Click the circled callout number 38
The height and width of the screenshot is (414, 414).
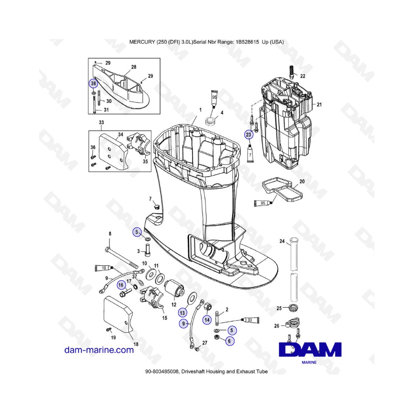(x=93, y=83)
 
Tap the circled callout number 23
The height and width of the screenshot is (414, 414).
(x=249, y=135)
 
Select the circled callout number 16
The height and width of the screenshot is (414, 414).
(x=121, y=285)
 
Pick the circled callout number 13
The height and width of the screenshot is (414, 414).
(x=182, y=313)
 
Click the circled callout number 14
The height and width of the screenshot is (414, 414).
(x=207, y=320)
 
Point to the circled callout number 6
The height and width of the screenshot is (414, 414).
(x=229, y=341)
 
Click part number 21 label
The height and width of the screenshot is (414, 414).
(x=319, y=104)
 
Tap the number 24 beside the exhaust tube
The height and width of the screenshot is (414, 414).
(x=282, y=241)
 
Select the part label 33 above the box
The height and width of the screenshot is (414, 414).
(x=101, y=122)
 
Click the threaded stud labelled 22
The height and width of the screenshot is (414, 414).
(x=292, y=72)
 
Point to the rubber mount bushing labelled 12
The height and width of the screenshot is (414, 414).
(x=174, y=289)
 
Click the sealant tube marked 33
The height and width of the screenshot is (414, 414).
(x=250, y=320)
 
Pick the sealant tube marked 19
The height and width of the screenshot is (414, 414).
(x=104, y=268)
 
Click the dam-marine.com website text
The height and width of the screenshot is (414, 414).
(x=99, y=350)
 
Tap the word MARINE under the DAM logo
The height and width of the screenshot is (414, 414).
(x=309, y=362)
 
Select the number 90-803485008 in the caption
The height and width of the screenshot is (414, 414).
(x=162, y=372)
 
